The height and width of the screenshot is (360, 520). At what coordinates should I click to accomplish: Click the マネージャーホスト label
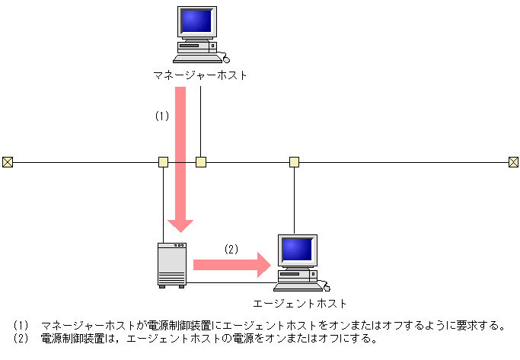(199, 75)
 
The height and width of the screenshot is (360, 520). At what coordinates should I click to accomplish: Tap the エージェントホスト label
(299, 303)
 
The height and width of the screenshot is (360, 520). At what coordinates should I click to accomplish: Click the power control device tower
(171, 264)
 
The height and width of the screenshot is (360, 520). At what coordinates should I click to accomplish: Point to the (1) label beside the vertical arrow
(161, 116)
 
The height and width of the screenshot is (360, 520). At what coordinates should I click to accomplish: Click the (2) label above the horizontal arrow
(231, 248)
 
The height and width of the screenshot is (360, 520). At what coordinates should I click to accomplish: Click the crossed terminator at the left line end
(8, 161)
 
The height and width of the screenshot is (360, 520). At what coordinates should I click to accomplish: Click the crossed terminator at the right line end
(514, 161)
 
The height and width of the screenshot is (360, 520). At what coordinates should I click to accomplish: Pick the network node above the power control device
(163, 161)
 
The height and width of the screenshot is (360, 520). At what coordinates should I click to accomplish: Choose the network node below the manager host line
(200, 161)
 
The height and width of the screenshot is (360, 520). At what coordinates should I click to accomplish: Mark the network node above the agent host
(294, 161)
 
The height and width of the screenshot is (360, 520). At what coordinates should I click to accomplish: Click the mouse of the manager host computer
(225, 59)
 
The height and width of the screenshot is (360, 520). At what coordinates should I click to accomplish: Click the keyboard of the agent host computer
(296, 287)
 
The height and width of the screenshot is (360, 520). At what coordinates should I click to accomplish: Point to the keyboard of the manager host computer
(196, 58)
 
